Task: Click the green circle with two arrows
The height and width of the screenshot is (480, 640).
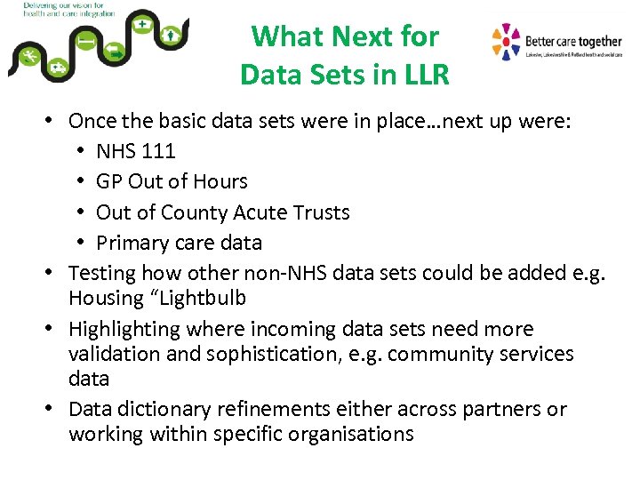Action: coord(116,55)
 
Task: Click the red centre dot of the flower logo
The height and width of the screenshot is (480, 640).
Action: coord(507,42)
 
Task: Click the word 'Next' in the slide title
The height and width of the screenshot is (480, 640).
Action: coord(373,36)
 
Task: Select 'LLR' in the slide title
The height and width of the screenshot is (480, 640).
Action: coord(420,75)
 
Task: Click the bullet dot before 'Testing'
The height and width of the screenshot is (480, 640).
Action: coord(55,273)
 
